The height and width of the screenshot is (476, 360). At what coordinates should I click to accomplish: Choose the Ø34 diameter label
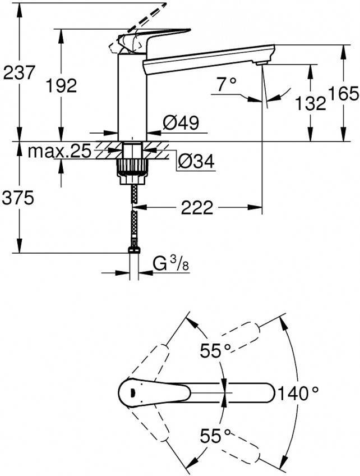click(x=196, y=162)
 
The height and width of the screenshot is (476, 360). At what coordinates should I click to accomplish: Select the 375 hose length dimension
click(x=19, y=197)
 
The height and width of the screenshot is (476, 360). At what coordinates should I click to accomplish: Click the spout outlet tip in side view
click(x=260, y=65)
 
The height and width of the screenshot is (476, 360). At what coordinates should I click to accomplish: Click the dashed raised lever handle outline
click(x=149, y=15)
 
